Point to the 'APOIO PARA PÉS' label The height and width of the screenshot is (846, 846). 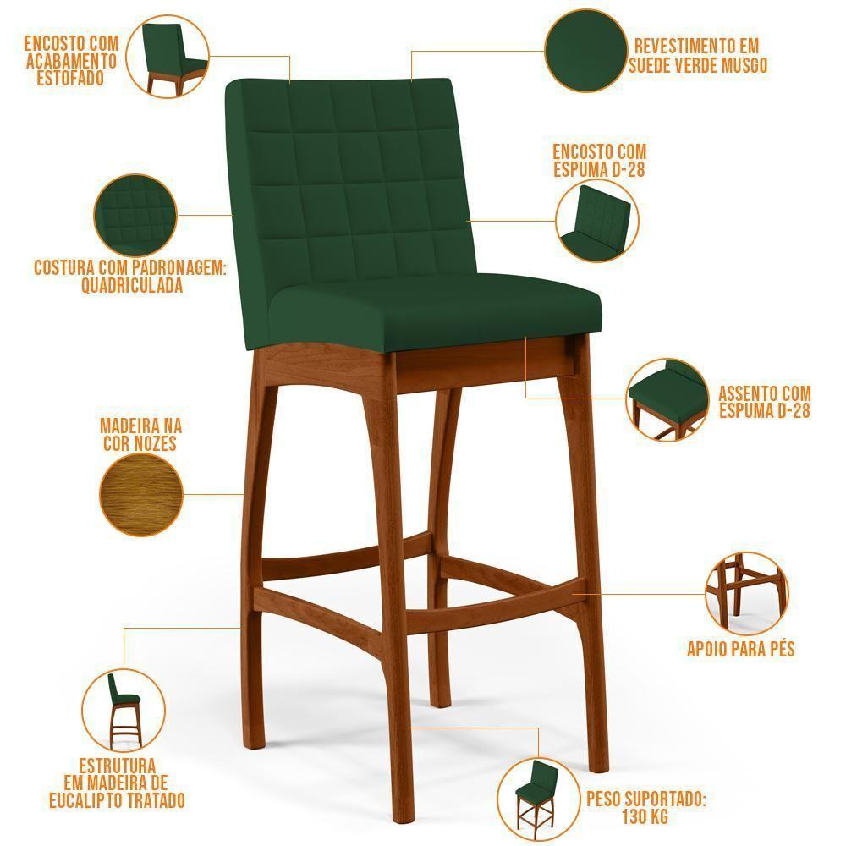pos(740,650)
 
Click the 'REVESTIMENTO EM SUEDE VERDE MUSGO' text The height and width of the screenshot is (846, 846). pos(697,55)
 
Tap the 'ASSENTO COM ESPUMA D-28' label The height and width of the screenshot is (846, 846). pos(765,402)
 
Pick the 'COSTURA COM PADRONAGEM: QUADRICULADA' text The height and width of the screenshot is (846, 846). pos(130,277)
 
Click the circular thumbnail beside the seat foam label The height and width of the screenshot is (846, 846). pos(667,398)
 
